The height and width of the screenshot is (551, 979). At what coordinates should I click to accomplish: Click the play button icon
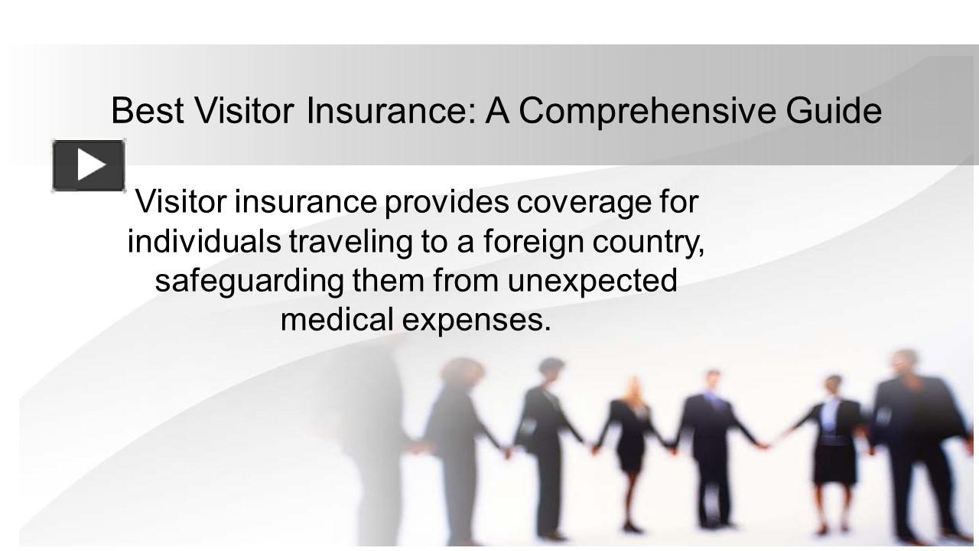pyautogui.click(x=89, y=165)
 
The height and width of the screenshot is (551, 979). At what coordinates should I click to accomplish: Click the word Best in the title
pyautogui.click(x=148, y=110)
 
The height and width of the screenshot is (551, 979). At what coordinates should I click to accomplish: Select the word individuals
pyautogui.click(x=203, y=242)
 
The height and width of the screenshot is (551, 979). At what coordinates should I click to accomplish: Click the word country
pyautogui.click(x=659, y=242)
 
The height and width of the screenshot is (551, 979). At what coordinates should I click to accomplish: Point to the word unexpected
pyautogui.click(x=593, y=281)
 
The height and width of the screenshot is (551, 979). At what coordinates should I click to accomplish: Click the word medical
pyautogui.click(x=337, y=319)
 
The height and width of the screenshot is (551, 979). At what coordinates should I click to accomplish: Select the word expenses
pyautogui.click(x=476, y=319)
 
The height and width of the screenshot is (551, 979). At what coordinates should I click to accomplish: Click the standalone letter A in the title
pyautogui.click(x=498, y=110)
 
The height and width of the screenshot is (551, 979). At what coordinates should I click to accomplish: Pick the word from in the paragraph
pyautogui.click(x=466, y=281)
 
